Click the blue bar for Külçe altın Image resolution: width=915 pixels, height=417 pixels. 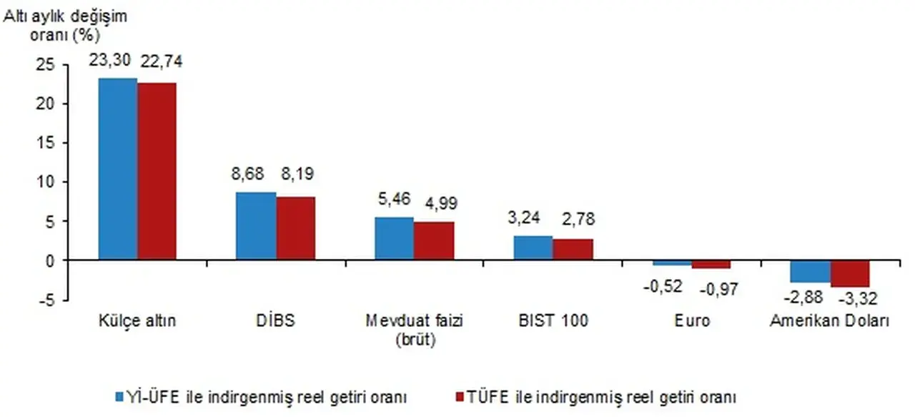pyautogui.click(x=118, y=170)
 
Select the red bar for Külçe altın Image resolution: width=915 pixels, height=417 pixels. pyautogui.click(x=157, y=172)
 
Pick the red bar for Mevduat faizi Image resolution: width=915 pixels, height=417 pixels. pyautogui.click(x=434, y=241)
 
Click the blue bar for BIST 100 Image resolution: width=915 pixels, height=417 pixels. pyautogui.click(x=533, y=248)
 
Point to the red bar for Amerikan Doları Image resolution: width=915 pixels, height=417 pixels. pyautogui.click(x=849, y=274)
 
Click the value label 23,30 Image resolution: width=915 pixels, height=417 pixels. pyautogui.click(x=109, y=60)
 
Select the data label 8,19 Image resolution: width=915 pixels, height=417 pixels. pyautogui.click(x=297, y=173)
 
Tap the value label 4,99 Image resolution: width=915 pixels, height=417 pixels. pyautogui.click(x=435, y=203)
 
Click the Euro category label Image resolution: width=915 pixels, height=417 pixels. pyautogui.click(x=692, y=321)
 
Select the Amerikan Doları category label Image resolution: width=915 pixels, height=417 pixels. pyautogui.click(x=829, y=321)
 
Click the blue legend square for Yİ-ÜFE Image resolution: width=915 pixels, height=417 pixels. pyautogui.click(x=119, y=396)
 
